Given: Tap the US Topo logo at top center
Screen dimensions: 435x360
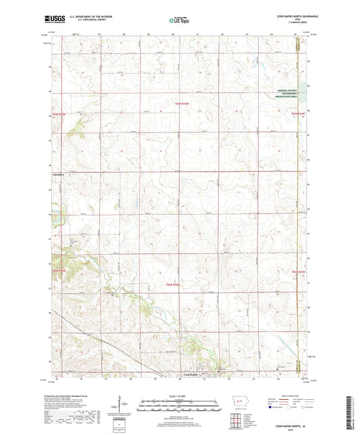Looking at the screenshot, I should (x=179, y=21).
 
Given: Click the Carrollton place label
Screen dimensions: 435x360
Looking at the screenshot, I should (x=59, y=175).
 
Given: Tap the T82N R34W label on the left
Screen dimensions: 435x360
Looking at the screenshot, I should (x=59, y=271).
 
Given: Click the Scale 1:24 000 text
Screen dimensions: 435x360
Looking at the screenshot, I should (x=179, y=395).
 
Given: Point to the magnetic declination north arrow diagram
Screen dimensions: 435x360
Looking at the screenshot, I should (x=123, y=405).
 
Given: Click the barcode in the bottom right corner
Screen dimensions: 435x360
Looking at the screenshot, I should (x=355, y=405).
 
